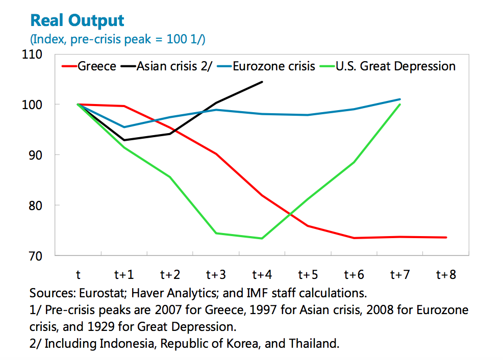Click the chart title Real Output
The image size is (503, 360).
tap(77, 20)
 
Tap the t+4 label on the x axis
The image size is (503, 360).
tap(262, 275)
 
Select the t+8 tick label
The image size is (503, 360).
tap(446, 275)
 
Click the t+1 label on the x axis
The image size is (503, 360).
tap(124, 275)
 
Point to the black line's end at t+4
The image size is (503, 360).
tap(262, 82)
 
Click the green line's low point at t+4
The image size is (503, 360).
tap(262, 238)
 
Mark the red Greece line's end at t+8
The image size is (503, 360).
tap(446, 237)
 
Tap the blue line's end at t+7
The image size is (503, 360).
tap(400, 99)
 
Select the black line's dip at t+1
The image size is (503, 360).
tap(124, 140)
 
